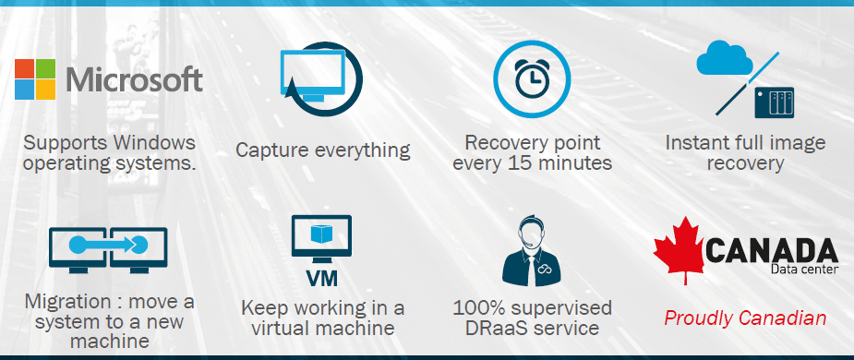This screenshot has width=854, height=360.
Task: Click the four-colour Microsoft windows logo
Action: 36,78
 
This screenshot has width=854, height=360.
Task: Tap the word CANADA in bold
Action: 771,249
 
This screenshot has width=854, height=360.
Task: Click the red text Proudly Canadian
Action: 745,318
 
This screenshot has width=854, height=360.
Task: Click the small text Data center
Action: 803,270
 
